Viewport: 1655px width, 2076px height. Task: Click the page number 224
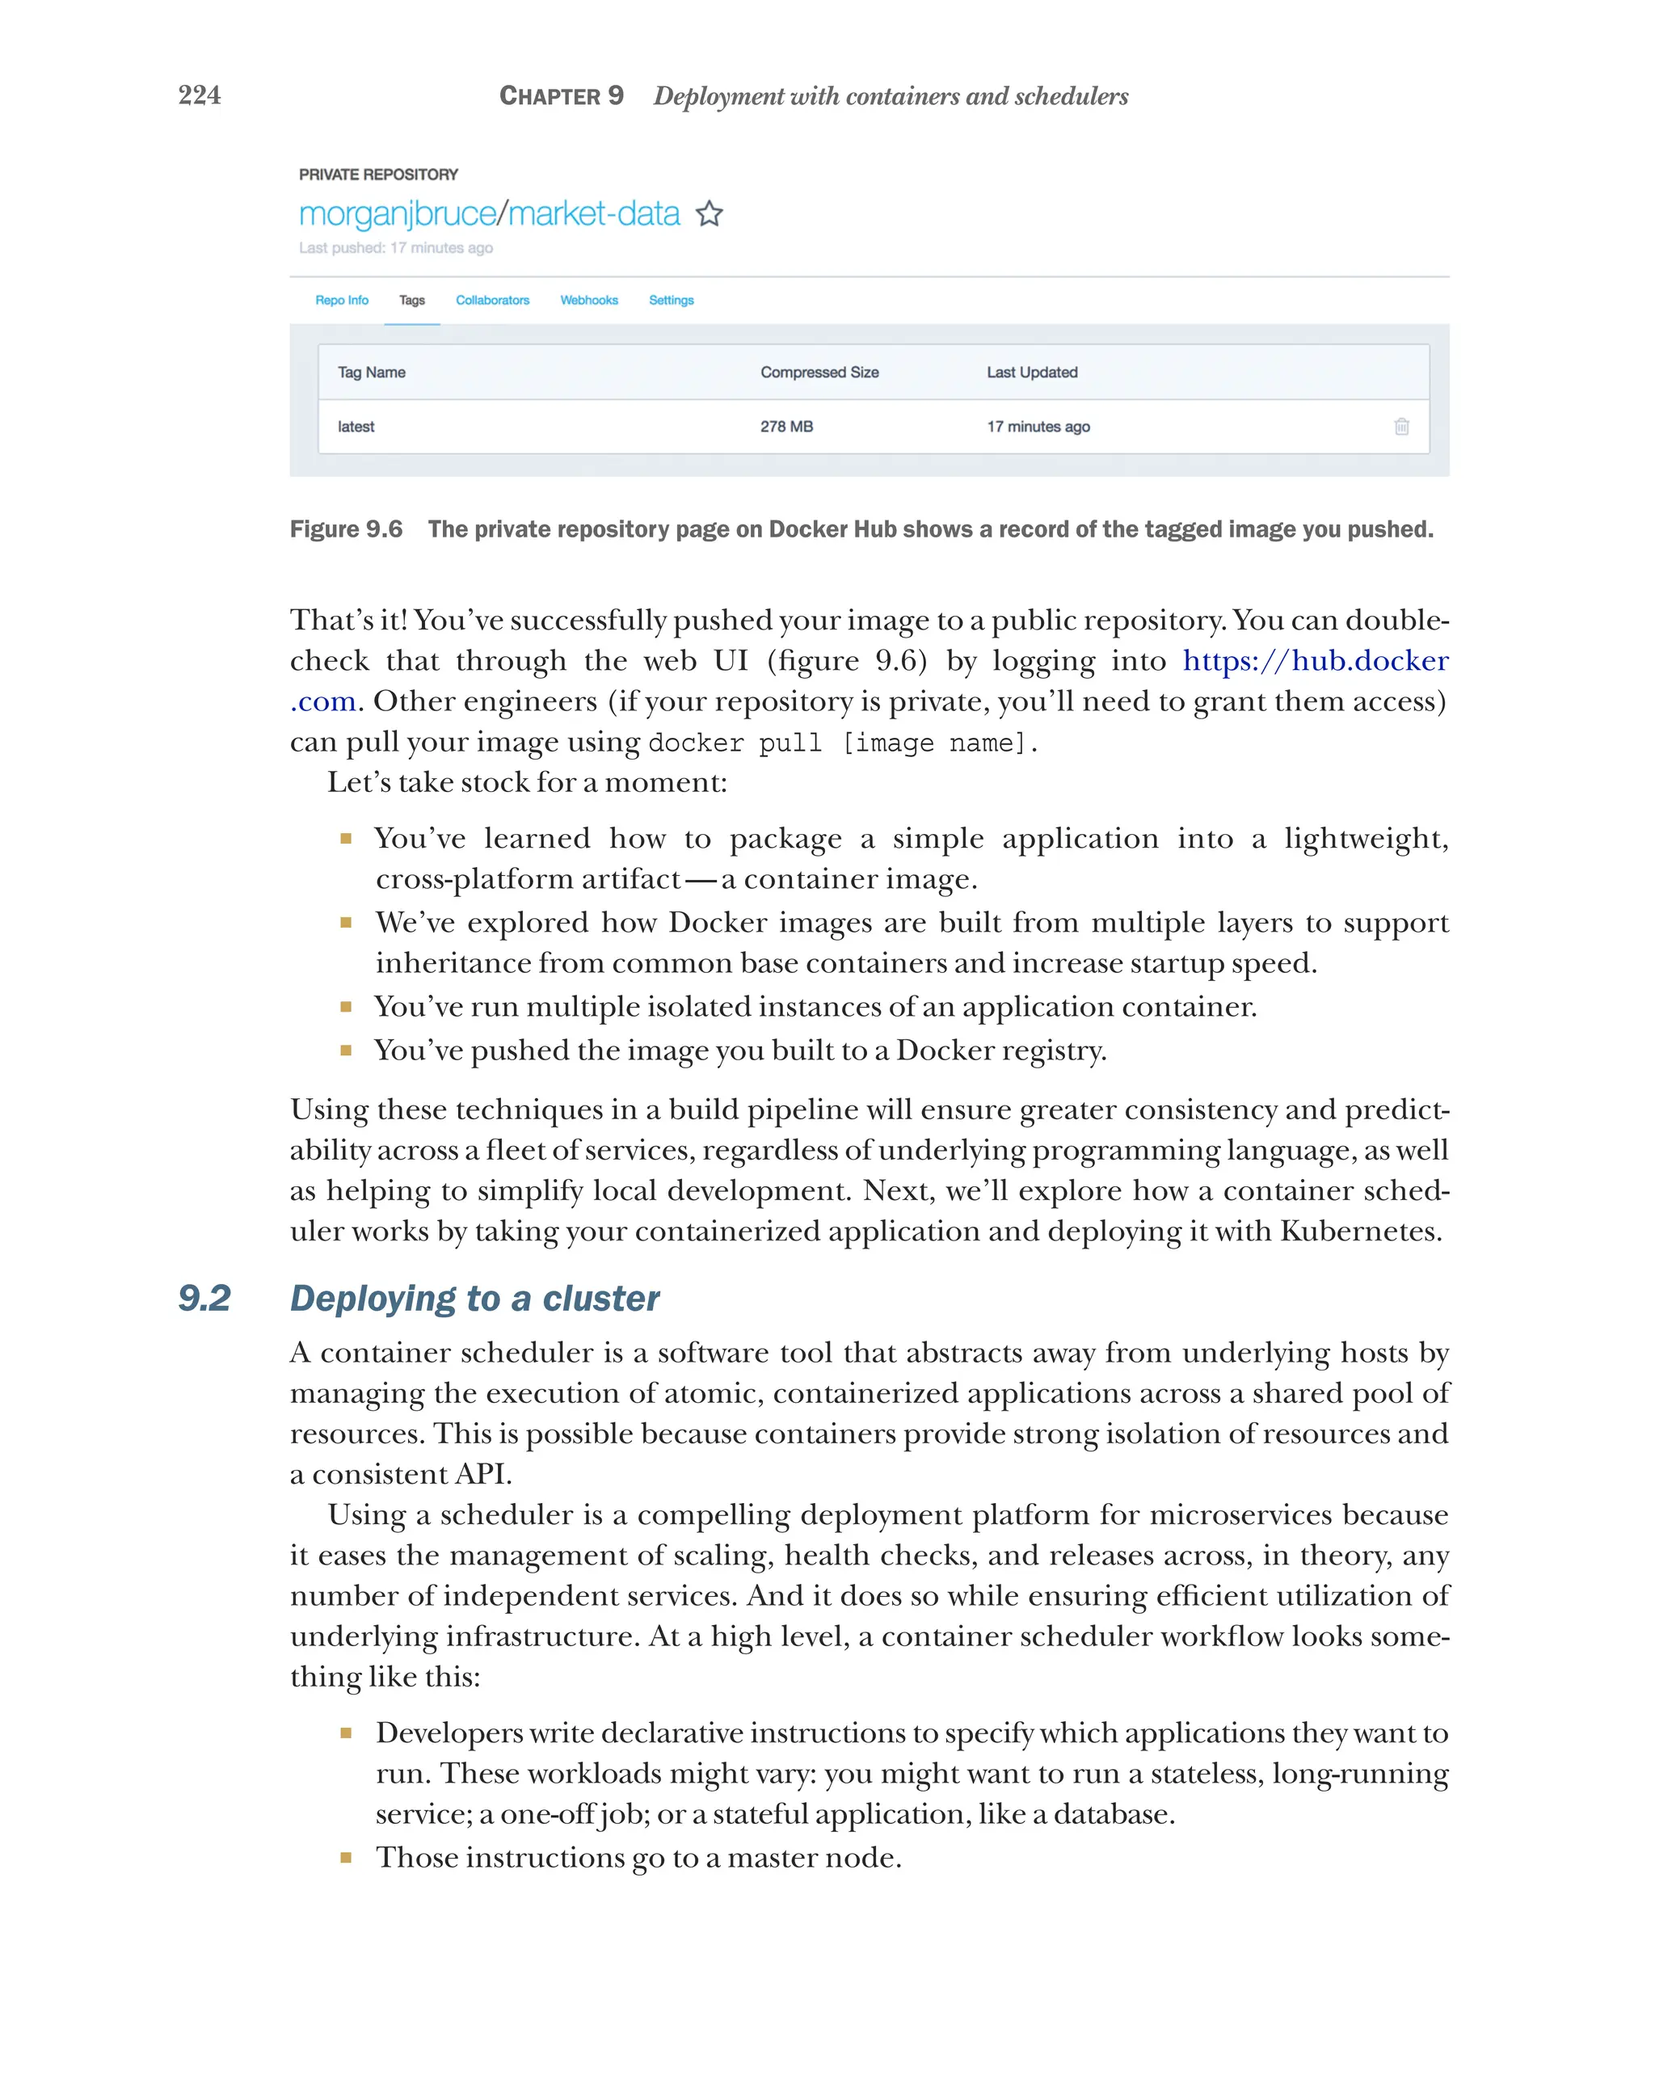click(x=200, y=95)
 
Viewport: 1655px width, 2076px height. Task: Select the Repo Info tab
click(x=342, y=301)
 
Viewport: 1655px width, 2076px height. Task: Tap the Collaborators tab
click(x=492, y=301)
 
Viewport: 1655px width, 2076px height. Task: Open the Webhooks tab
click(x=588, y=301)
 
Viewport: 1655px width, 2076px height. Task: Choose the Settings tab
click(x=671, y=301)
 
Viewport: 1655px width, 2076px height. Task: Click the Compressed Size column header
click(x=819, y=373)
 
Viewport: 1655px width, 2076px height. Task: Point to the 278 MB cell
click(x=785, y=427)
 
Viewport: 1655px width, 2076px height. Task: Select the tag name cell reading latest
click(x=356, y=427)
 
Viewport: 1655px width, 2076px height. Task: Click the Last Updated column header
click(x=1031, y=373)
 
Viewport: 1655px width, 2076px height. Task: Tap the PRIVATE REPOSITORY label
click(x=378, y=175)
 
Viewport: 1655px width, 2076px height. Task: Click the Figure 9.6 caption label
click(x=346, y=529)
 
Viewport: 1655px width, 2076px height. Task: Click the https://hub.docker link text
click(x=1314, y=660)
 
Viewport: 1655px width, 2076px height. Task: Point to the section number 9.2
click(x=204, y=1298)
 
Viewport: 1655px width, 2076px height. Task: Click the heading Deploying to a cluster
click(x=474, y=1298)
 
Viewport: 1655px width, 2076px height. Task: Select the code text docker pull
click(x=735, y=743)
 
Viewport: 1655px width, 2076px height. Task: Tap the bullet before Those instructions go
click(x=346, y=1858)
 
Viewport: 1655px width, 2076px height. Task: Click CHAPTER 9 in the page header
click(x=562, y=96)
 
